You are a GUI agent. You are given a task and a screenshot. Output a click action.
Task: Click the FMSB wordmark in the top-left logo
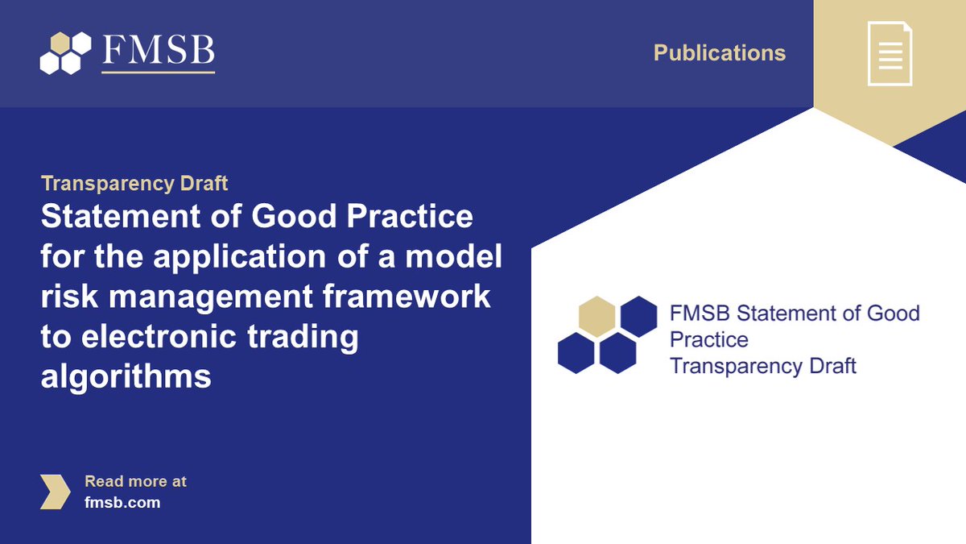(x=159, y=50)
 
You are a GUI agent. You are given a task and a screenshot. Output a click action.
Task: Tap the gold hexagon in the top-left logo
(x=60, y=43)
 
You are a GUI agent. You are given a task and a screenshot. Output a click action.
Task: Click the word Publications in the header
(x=719, y=53)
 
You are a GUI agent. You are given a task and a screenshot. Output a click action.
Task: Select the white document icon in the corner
(x=890, y=53)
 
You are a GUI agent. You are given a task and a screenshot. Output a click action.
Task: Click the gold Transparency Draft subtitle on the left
(x=134, y=184)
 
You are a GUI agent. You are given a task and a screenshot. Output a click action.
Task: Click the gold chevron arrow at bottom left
(x=55, y=492)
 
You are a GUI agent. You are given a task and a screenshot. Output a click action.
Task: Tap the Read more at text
(x=135, y=481)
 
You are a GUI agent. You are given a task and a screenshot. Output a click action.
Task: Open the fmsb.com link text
(x=122, y=502)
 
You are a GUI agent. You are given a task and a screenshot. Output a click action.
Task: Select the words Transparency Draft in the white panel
(x=762, y=366)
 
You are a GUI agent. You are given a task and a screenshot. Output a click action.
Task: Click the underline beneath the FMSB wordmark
(x=159, y=73)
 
